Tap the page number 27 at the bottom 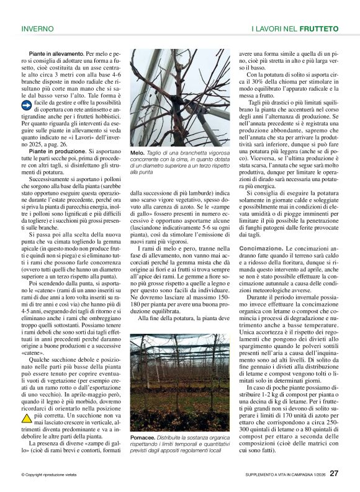(334, 473)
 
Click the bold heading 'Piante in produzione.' (49, 151)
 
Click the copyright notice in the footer (50, 475)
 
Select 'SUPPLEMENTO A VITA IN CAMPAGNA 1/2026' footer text (282, 475)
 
